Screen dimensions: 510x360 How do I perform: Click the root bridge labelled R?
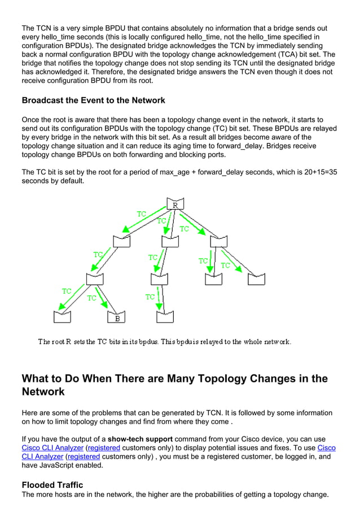(174, 204)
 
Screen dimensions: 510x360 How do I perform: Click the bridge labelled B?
(117, 317)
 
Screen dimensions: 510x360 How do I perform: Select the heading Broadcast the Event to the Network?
(93, 101)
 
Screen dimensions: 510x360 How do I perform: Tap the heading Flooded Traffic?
(52, 485)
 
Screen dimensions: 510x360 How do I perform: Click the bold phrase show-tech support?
(141, 439)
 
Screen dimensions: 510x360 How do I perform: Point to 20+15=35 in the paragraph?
(317, 172)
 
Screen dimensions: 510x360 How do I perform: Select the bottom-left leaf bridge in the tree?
(62, 317)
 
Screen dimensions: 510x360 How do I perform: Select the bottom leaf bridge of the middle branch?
(164, 317)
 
